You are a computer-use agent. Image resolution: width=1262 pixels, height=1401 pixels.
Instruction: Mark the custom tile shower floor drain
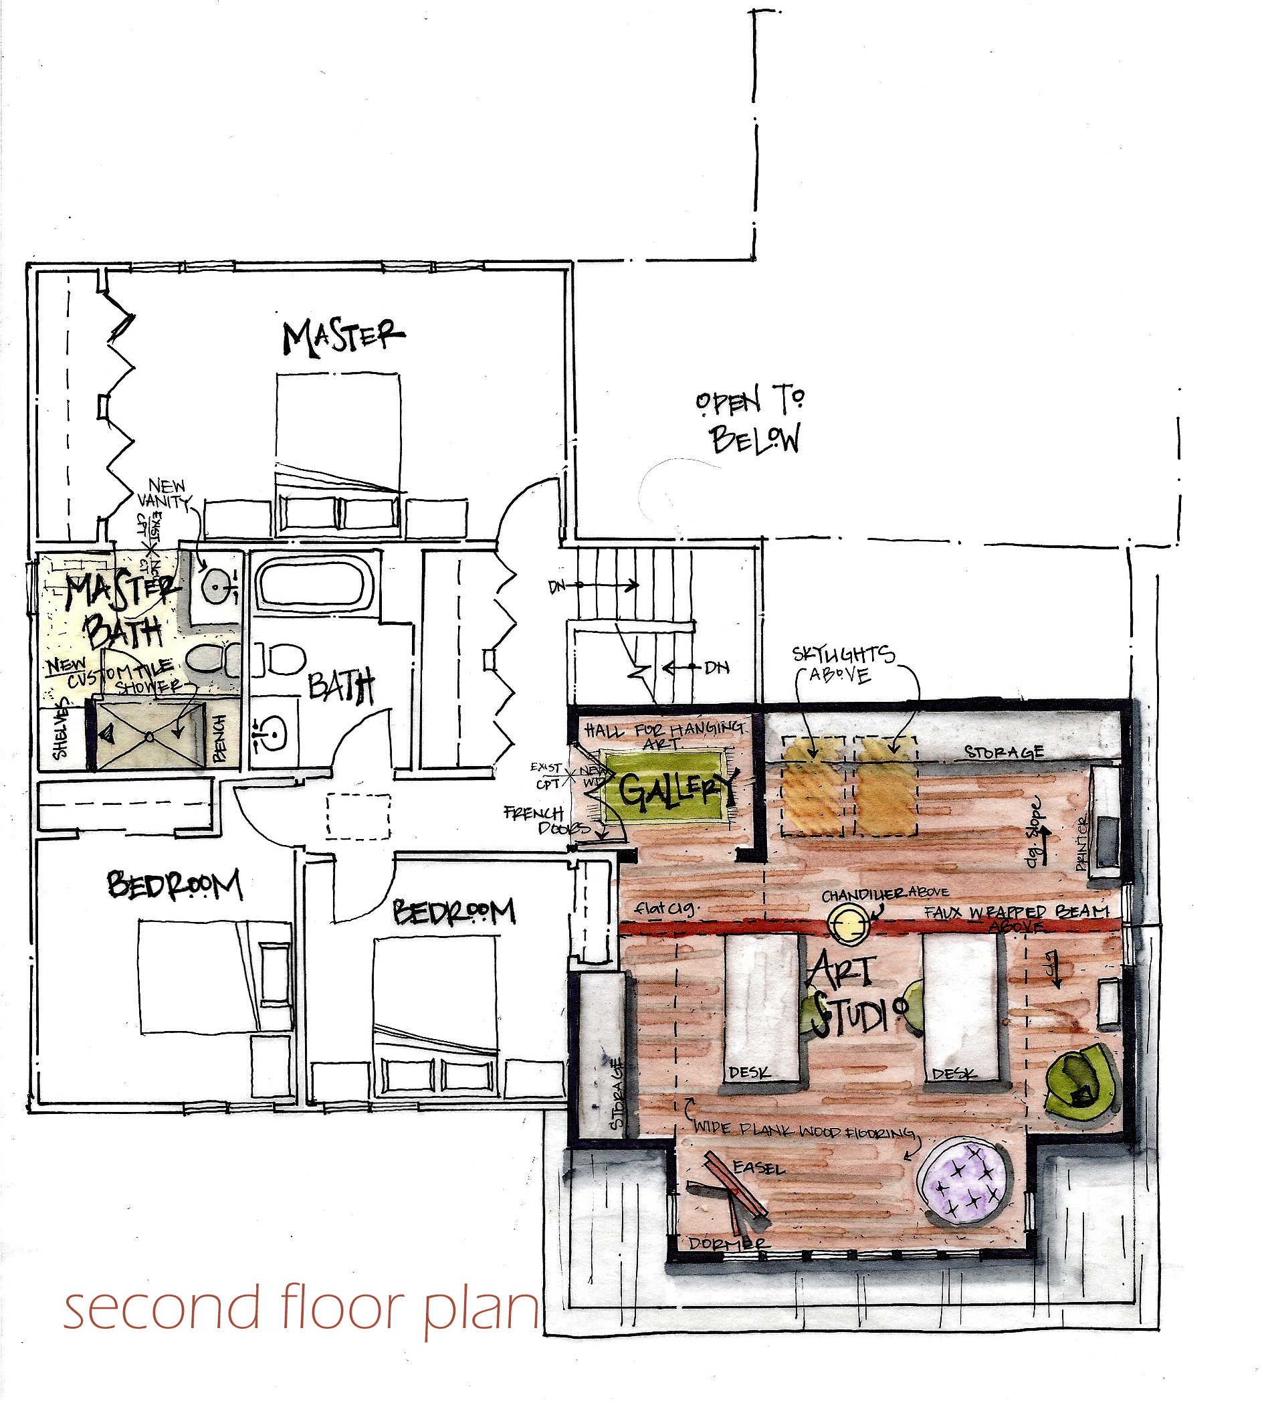pyautogui.click(x=148, y=737)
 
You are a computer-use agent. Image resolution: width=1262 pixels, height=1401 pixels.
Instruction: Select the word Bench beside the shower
pyautogui.click(x=221, y=738)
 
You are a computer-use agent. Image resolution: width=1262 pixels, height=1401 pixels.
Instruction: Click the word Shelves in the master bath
pyautogui.click(x=61, y=731)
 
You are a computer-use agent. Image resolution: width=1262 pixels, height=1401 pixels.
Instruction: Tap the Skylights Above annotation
pyautogui.click(x=842, y=664)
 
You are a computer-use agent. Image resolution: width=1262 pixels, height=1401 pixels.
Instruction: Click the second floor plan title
pyautogui.click(x=300, y=1307)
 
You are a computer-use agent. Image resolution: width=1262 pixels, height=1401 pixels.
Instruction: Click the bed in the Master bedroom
pyautogui.click(x=338, y=454)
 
